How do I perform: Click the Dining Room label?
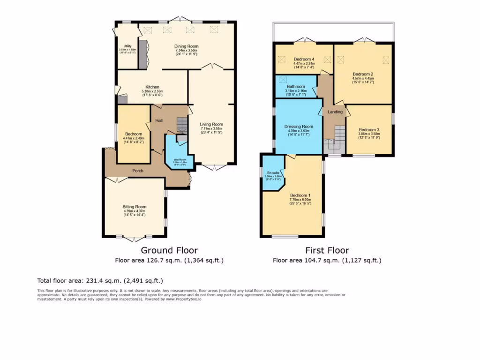pos(187,46)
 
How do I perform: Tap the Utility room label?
pos(127,46)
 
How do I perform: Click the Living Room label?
pos(211,124)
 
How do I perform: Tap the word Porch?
pos(138,171)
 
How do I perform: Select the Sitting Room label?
pos(135,207)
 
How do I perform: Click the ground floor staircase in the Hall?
pos(181,125)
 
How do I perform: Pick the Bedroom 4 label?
pos(304,59)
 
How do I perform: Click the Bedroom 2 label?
pos(363,74)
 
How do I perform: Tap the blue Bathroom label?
pos(296,87)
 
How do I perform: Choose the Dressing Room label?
pos(299,127)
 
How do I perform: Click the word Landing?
pos(335,112)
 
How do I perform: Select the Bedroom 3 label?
pos(369,130)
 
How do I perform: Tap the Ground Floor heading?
pos(169,250)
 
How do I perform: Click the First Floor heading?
pos(327,250)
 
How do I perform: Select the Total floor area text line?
pos(100,281)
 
